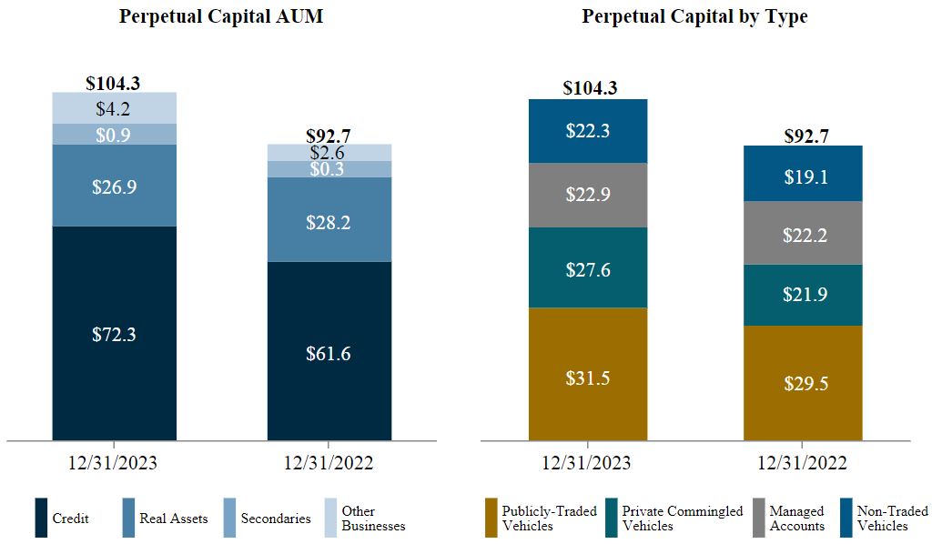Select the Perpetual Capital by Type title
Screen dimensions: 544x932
(x=694, y=16)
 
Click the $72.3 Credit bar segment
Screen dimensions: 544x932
(x=114, y=334)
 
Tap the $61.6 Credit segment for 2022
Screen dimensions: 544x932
(x=329, y=353)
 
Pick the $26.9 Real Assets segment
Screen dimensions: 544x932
(x=114, y=186)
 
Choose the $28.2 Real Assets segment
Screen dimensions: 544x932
(x=329, y=221)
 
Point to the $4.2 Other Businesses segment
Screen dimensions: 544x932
(x=114, y=108)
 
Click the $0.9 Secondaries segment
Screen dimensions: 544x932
(x=114, y=135)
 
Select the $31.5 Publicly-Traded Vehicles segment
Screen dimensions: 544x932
(x=587, y=374)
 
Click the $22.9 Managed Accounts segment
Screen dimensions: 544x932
(x=587, y=195)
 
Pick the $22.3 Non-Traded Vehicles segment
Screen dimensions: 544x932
(x=587, y=131)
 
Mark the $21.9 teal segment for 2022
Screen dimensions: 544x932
(x=803, y=295)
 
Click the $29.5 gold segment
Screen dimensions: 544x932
(x=803, y=383)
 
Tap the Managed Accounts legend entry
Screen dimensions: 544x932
(x=795, y=519)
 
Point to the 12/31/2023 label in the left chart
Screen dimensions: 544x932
(x=113, y=462)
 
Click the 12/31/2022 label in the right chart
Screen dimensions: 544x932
(x=803, y=462)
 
